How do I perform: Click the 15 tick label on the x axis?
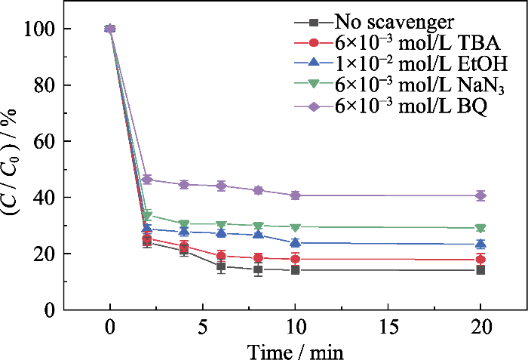tap(388, 330)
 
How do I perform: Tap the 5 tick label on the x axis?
tap(203, 330)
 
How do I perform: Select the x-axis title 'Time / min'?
tap(295, 351)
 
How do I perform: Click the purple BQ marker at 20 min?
tap(480, 195)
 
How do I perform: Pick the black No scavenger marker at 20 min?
tap(480, 269)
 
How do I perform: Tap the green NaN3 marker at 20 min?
tap(480, 228)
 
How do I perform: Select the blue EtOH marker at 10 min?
tap(295, 242)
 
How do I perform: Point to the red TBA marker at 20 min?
tap(480, 259)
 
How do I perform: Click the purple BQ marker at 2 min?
tap(147, 180)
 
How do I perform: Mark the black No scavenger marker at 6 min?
tap(221, 266)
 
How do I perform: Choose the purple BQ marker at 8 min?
tap(258, 190)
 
